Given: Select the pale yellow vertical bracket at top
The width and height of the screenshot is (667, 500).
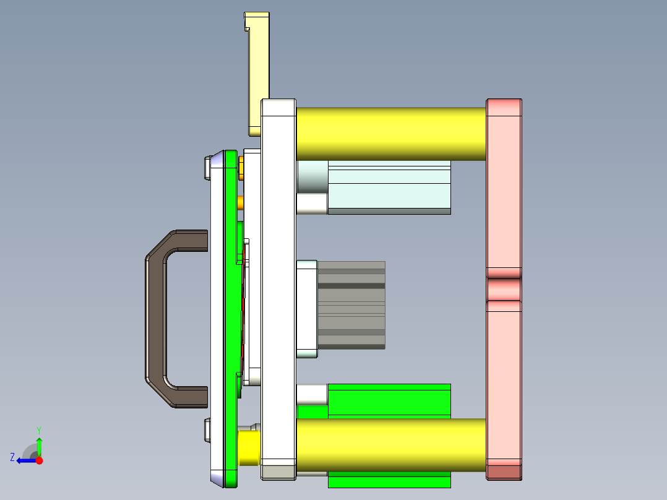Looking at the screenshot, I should pos(259,68).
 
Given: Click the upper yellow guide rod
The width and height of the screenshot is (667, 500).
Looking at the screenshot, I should pos(390,134).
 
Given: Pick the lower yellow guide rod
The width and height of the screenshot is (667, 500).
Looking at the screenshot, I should pos(390,444).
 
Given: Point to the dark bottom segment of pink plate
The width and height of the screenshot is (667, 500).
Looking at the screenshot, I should pos(504,472).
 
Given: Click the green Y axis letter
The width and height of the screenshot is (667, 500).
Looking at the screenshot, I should pos(39,429).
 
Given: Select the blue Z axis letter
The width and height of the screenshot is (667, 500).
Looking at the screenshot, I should pos(12,457).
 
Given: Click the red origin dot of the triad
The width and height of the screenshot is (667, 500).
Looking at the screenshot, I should pos(39,460).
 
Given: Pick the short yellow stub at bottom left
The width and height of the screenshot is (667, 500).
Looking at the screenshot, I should pos(249,448).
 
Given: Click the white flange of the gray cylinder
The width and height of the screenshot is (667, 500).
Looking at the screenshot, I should pos(307,309).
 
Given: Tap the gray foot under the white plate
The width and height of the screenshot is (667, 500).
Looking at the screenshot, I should pos(278,472).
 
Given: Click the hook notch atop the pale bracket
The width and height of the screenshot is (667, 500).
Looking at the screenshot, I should pos(247,28).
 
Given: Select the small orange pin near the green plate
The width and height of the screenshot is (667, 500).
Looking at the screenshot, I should pos(241,202).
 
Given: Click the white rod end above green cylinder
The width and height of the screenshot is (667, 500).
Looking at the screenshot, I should pos(312,393).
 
